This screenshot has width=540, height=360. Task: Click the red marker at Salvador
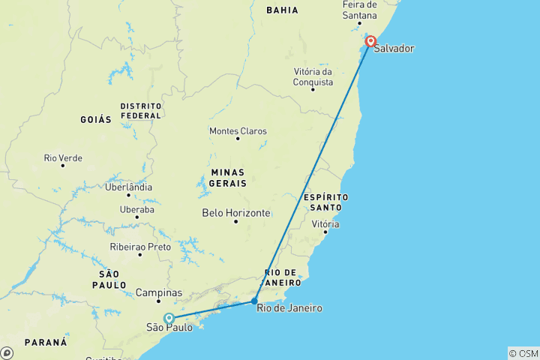pyautogui.click(x=370, y=42)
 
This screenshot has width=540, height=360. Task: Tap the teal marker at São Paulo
pyautogui.click(x=169, y=318)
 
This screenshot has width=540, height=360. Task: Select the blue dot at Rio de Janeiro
pyautogui.click(x=255, y=301)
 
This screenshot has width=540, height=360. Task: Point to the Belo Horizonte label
pyautogui.click(x=236, y=213)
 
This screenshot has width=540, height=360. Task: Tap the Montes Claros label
pyautogui.click(x=238, y=131)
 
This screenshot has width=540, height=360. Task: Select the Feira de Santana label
pyautogui.click(x=359, y=10)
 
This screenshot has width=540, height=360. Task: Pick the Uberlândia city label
pyautogui.click(x=129, y=187)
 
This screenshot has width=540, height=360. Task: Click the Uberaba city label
pyautogui.click(x=136, y=209)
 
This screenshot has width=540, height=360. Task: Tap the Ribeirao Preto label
pyautogui.click(x=140, y=247)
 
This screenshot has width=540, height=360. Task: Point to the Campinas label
pyautogui.click(x=159, y=292)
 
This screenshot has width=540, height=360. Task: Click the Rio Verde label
pyautogui.click(x=63, y=158)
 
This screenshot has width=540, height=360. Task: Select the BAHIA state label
pyautogui.click(x=282, y=10)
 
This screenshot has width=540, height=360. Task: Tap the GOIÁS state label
pyautogui.click(x=95, y=119)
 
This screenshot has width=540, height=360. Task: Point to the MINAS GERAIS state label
pyautogui.click(x=229, y=177)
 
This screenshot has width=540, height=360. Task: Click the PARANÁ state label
pyautogui.click(x=46, y=342)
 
